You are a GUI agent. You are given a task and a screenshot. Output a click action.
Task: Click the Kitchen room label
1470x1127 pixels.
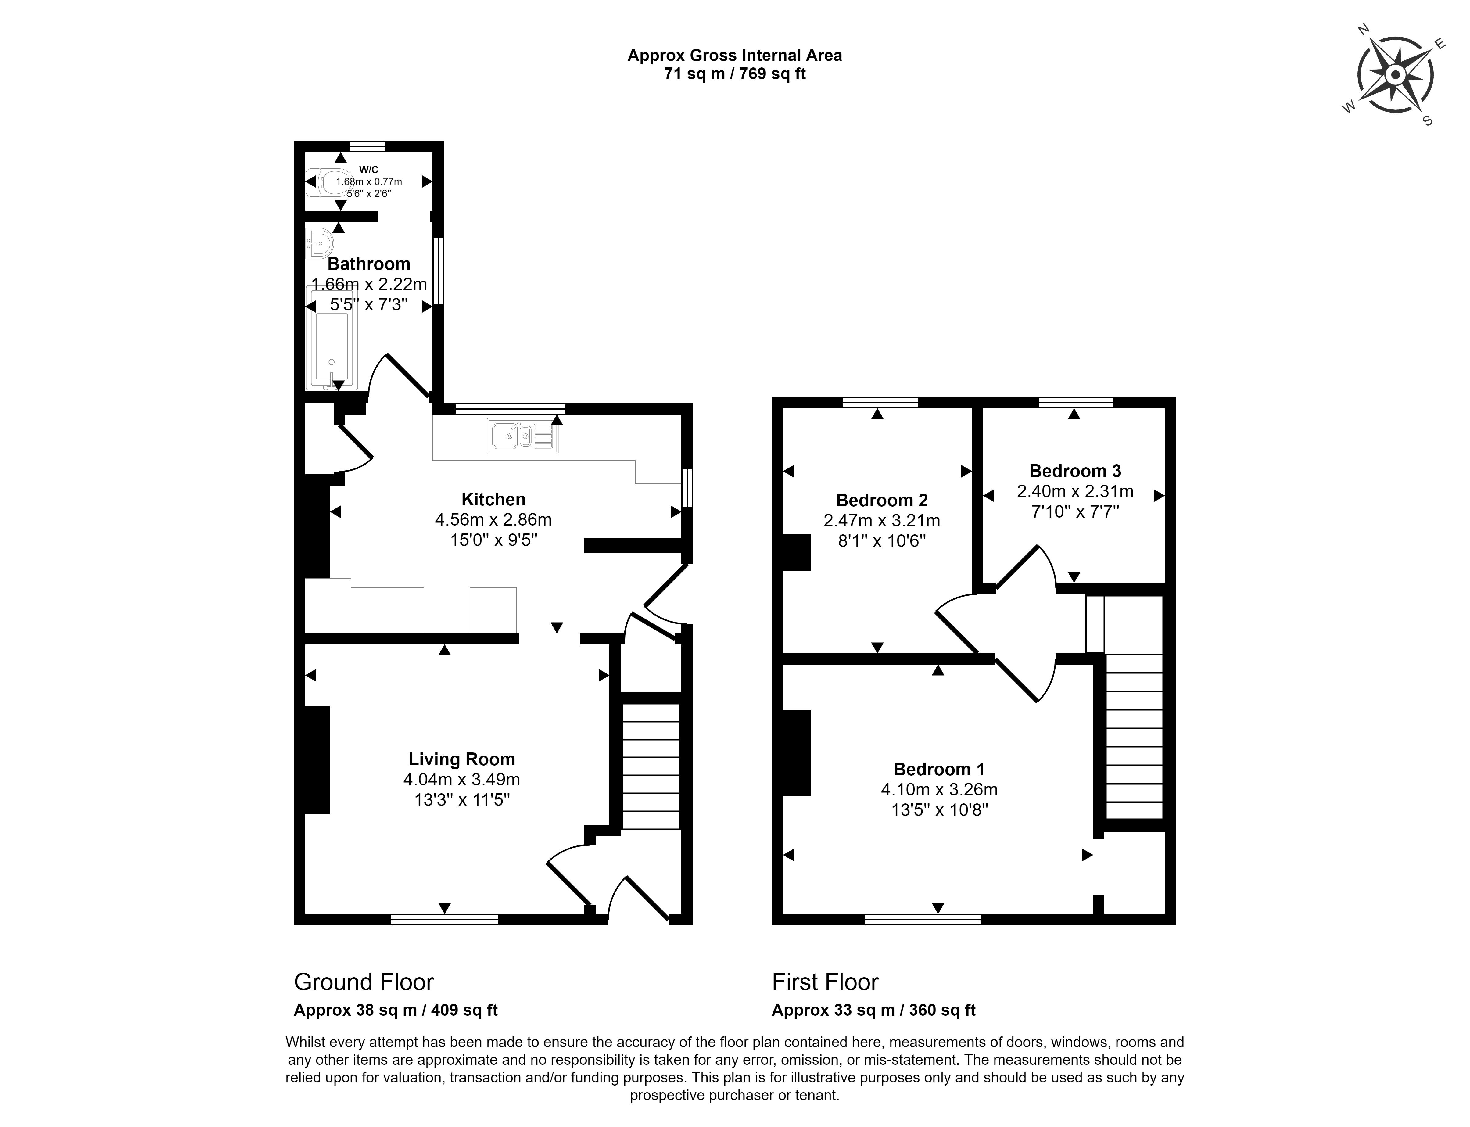(493, 499)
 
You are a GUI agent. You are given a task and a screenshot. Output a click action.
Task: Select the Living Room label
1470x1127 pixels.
(462, 759)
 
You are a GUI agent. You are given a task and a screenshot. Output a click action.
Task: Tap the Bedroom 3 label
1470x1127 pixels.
(1075, 471)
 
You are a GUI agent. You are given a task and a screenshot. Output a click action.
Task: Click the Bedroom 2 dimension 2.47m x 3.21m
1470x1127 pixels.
(882, 521)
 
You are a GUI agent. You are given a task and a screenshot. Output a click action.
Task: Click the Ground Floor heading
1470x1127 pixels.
(364, 982)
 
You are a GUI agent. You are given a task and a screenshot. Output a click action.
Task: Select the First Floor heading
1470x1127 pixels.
(825, 982)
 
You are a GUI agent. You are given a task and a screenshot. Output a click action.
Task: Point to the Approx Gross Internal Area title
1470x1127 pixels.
(734, 56)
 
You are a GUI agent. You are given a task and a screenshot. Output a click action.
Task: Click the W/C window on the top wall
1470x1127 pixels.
(368, 145)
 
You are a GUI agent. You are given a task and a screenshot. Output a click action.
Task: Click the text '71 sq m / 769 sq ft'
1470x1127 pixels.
(734, 74)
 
